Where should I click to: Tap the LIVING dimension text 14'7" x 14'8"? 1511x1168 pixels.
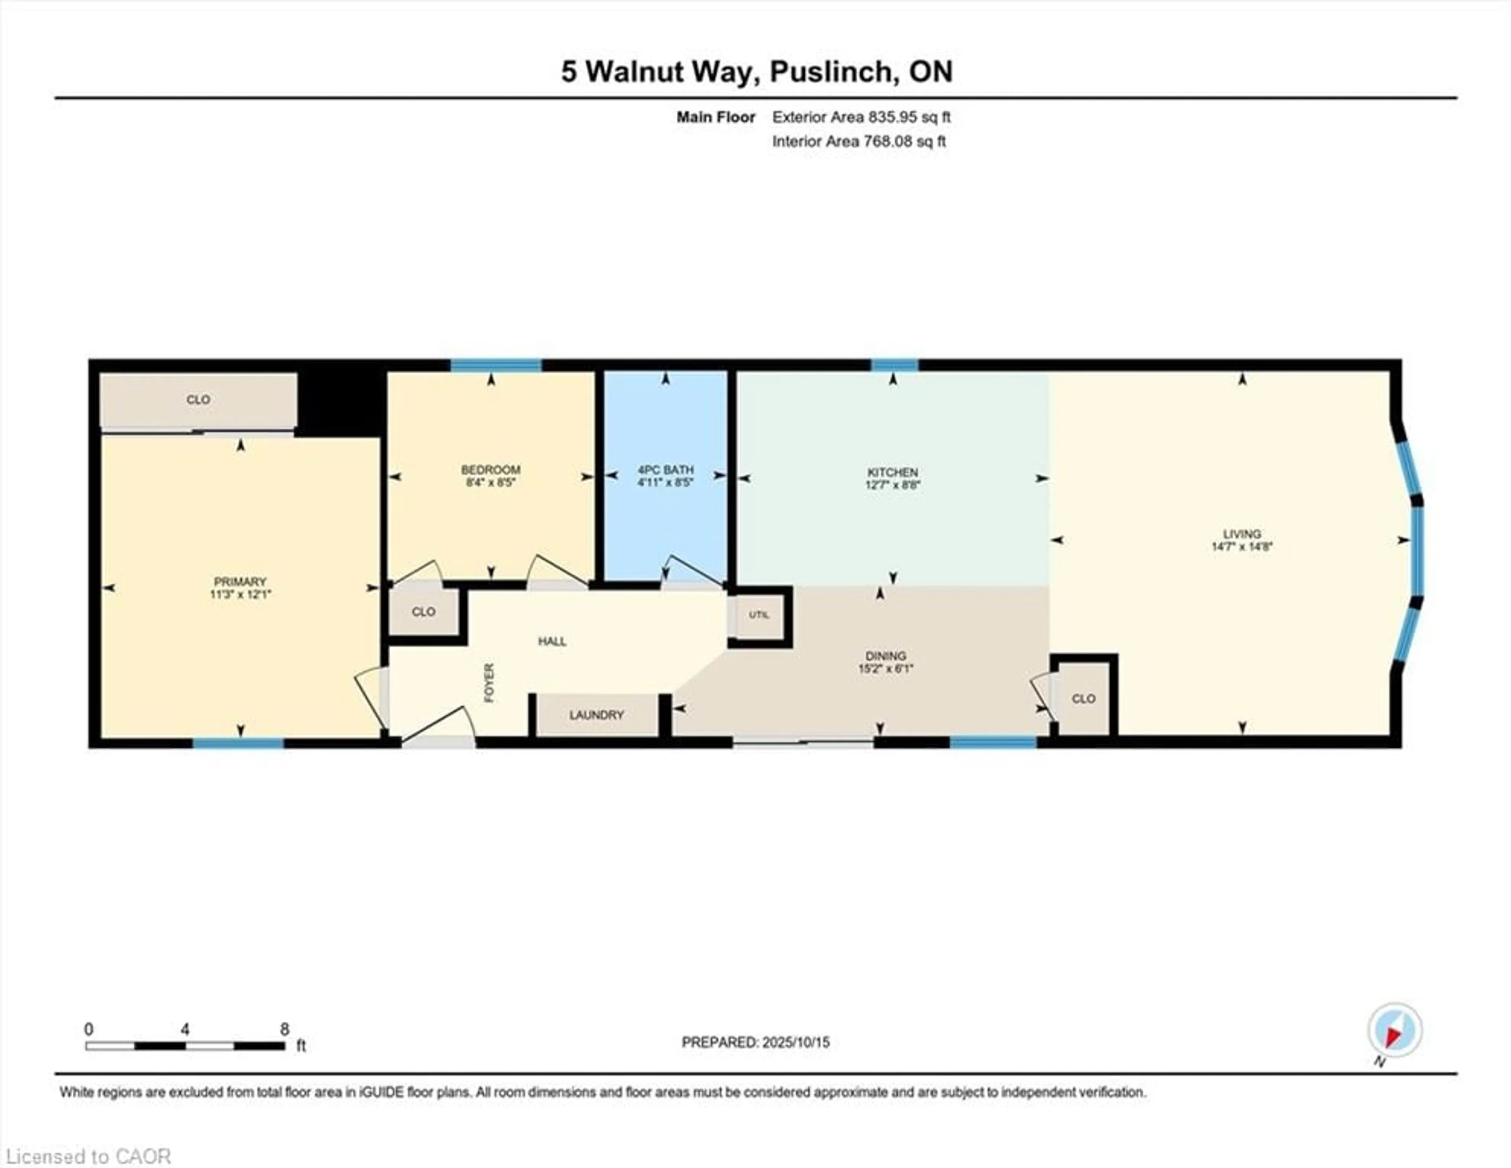point(1242,546)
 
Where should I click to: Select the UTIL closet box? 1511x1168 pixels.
point(759,615)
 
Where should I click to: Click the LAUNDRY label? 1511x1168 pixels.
point(597,715)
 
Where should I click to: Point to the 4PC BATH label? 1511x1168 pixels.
point(665,470)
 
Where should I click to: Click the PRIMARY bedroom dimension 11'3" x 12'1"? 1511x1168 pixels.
point(240,594)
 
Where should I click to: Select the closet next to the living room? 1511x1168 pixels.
point(1083,698)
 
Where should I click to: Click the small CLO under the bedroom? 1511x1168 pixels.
point(423,611)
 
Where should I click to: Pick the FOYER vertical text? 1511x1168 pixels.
point(489,683)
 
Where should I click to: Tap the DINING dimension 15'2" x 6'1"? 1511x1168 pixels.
point(886,669)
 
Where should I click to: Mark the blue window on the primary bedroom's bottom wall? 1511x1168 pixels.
point(238,743)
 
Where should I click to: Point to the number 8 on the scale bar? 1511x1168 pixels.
point(284,1029)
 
